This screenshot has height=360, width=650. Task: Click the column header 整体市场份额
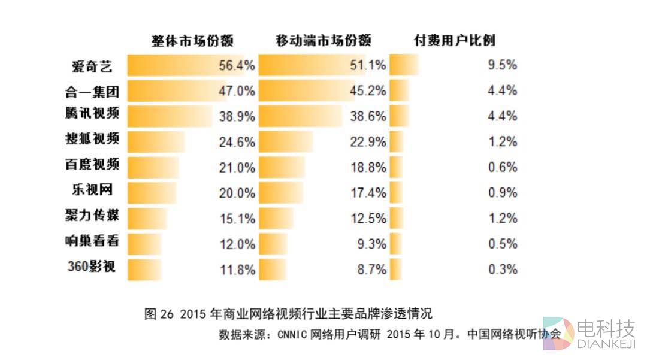(x=192, y=41)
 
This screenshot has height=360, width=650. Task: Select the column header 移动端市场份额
(x=324, y=41)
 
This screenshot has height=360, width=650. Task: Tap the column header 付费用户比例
(x=455, y=41)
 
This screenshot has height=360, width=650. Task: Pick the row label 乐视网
(x=92, y=191)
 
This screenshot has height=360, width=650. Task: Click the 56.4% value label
(x=237, y=66)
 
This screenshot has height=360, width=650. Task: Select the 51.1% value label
(x=368, y=66)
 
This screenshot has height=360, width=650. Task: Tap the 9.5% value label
(x=502, y=66)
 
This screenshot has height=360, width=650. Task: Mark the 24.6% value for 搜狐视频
(x=237, y=143)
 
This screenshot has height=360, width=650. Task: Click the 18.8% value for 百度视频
(x=368, y=168)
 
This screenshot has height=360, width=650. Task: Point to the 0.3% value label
(x=502, y=270)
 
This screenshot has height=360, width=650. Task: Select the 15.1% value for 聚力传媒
(x=237, y=219)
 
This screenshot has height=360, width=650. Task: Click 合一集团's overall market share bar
(x=177, y=91)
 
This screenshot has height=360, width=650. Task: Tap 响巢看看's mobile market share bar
(x=273, y=244)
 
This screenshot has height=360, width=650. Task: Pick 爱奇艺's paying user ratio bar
(x=404, y=65)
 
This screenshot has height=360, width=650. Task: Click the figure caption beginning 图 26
(x=288, y=314)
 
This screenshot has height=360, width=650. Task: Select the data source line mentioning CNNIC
(x=389, y=334)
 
